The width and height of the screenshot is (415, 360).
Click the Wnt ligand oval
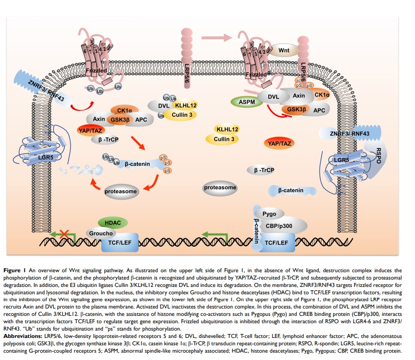(283, 51)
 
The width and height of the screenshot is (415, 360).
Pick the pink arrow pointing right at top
(216, 37)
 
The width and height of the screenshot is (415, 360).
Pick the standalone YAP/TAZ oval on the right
(278, 143)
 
